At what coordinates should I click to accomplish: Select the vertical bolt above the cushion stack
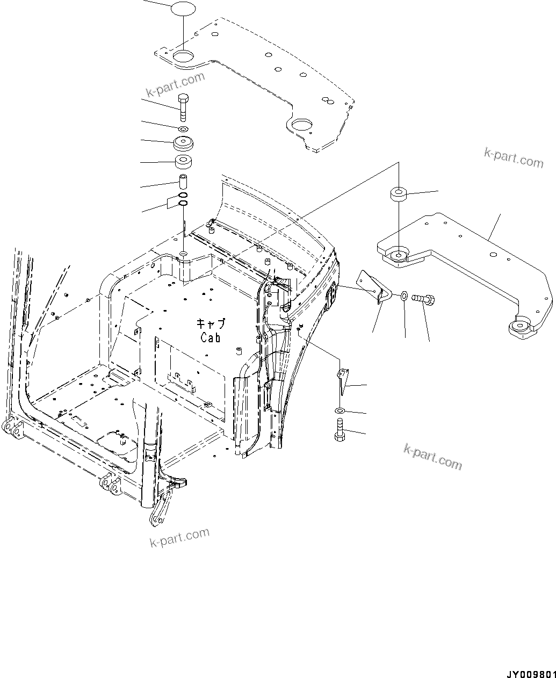click(183, 107)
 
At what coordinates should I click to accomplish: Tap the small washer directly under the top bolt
click(183, 129)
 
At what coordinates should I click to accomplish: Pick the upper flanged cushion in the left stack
click(184, 144)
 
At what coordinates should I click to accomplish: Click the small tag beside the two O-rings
click(172, 203)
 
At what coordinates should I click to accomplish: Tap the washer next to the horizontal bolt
click(403, 295)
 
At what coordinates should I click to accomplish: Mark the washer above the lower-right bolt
click(340, 411)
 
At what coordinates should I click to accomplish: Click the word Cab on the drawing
click(210, 337)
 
